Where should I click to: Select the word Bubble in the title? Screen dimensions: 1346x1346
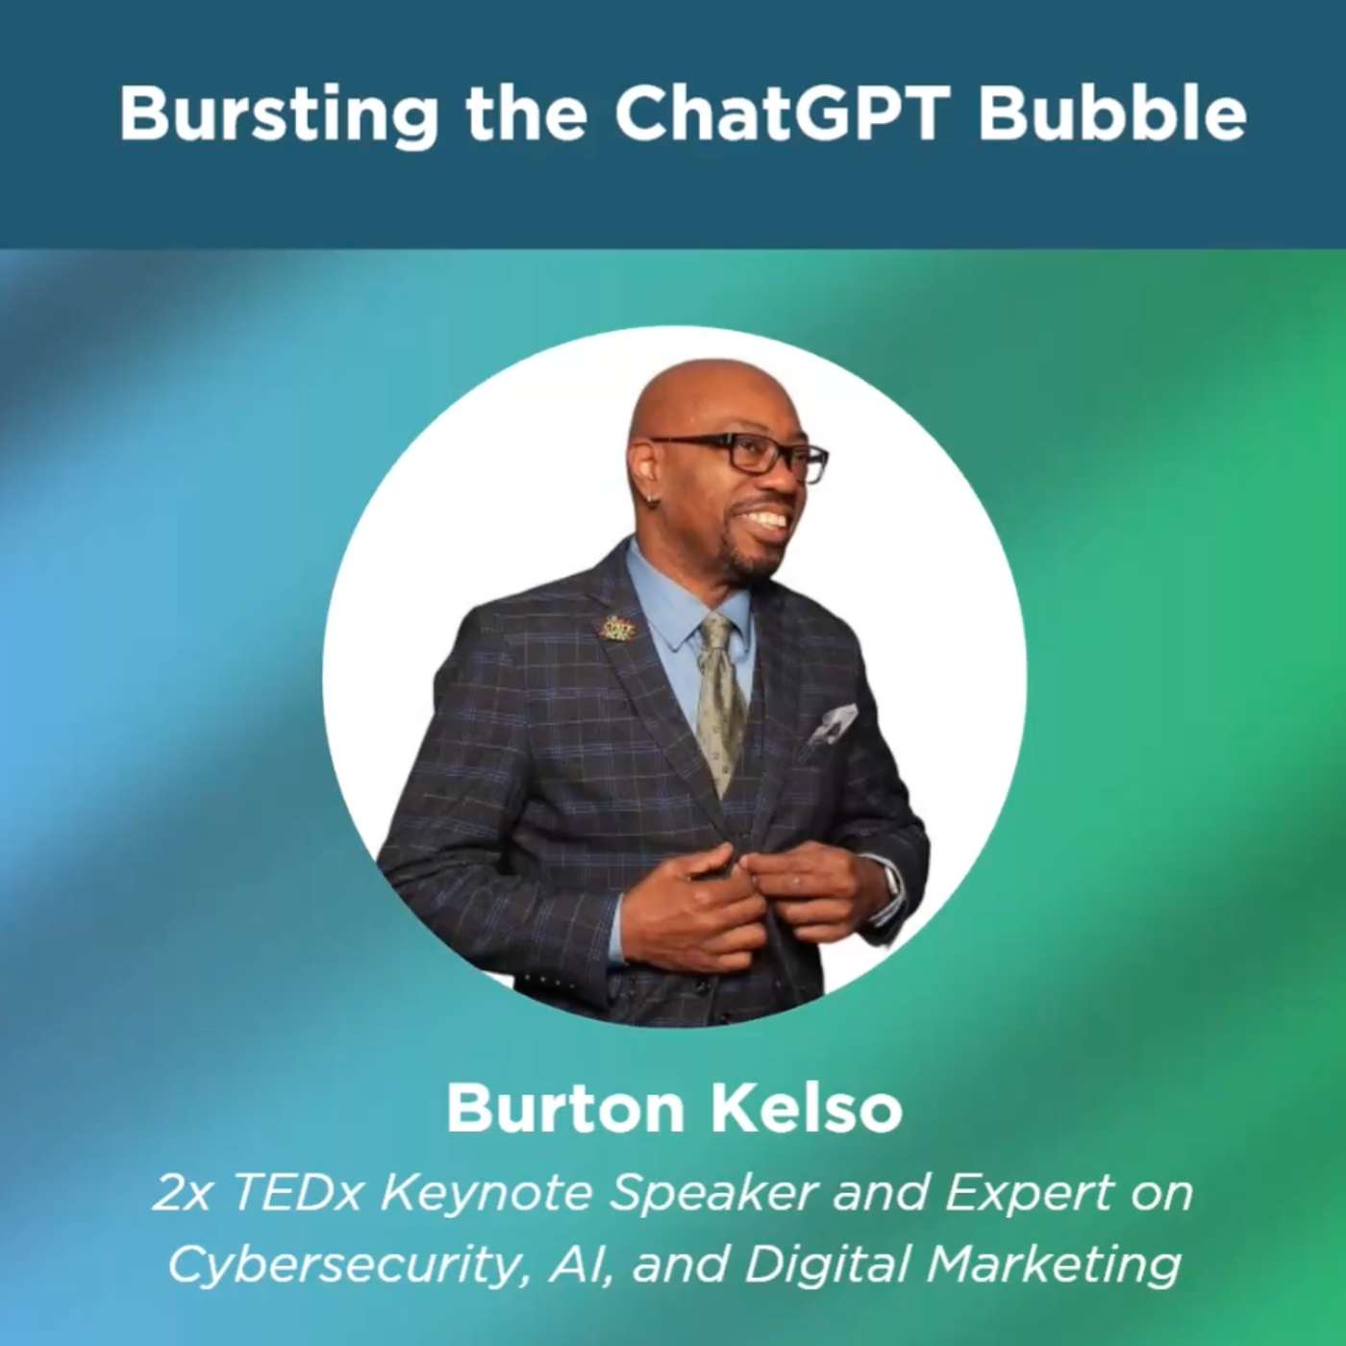[x=1112, y=114]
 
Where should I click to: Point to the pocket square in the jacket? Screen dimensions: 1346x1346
[x=832, y=727]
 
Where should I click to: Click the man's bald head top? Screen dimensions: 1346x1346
[x=706, y=387]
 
